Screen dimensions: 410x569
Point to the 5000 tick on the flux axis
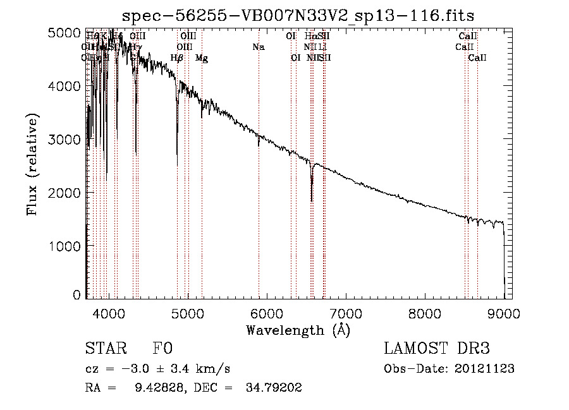pyautogui.click(x=65, y=33)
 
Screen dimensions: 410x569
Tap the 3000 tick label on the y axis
pyautogui.click(x=65, y=139)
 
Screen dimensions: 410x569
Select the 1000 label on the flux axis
pyautogui.click(x=65, y=245)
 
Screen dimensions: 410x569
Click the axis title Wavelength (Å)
pyautogui.click(x=298, y=329)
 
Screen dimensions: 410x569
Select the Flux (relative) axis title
pyautogui.click(x=34, y=164)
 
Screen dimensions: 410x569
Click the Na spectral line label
pyautogui.click(x=258, y=47)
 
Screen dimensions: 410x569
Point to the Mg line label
pyautogui.click(x=202, y=58)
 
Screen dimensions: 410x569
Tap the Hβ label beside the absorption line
pyautogui.click(x=177, y=58)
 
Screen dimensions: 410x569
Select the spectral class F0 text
pyautogui.click(x=163, y=349)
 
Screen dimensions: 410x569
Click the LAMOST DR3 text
pyautogui.click(x=437, y=349)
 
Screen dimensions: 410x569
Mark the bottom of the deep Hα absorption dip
pyautogui.click(x=312, y=201)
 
